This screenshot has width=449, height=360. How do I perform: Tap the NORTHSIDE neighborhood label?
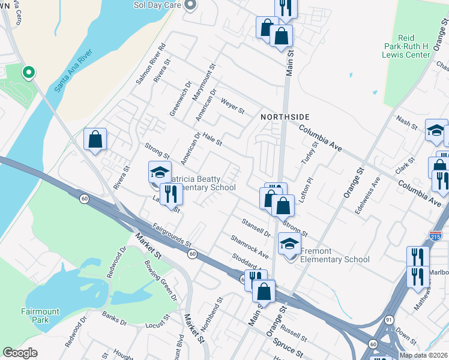[x=285, y=116]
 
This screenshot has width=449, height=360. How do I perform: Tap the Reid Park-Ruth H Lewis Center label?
[x=407, y=46]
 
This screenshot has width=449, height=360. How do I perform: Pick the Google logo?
[x=20, y=353]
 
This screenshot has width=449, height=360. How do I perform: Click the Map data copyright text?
[x=423, y=355]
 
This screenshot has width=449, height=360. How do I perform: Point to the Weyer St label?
[x=233, y=107]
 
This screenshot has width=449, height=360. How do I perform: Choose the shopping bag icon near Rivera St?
[x=95, y=140]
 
